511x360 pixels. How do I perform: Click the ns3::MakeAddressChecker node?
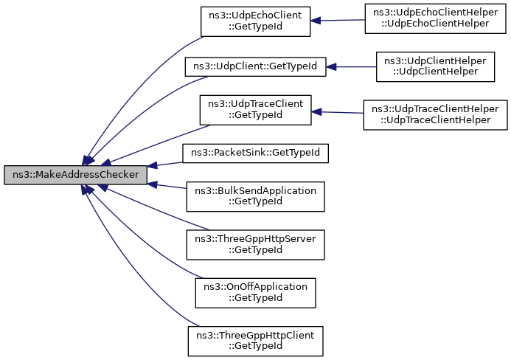point(74,175)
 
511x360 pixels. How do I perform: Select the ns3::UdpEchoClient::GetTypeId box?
point(255,21)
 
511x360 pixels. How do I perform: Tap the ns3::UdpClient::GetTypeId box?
point(254,66)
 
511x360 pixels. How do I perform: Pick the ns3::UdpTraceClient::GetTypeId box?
point(255,110)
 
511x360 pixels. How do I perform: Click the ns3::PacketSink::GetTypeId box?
point(255,153)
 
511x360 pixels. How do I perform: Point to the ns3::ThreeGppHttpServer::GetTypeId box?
point(255,244)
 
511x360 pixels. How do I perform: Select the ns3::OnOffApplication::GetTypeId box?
point(255,292)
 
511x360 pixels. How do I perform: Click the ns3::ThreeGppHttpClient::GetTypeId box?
point(255,341)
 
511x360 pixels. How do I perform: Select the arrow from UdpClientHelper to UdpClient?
point(351,66)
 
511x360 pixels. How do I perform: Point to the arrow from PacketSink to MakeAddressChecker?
point(165,163)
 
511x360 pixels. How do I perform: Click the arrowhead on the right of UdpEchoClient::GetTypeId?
point(316,21)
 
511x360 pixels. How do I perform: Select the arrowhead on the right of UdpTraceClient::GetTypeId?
point(316,111)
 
